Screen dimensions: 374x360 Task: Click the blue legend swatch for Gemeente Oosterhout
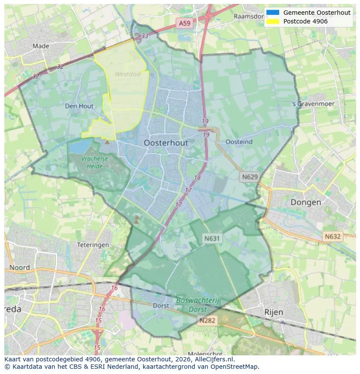[273, 13]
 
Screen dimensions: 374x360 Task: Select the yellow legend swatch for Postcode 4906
[273, 21]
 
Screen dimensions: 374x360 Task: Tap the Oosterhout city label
[166, 143]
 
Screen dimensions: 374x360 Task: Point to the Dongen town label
[306, 202]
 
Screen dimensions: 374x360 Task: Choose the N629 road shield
[250, 177]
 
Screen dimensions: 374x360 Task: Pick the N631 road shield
[212, 238]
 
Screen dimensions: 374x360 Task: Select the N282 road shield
[208, 320]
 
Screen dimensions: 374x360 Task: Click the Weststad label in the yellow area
[128, 74]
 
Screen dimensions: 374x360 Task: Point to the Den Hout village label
[79, 106]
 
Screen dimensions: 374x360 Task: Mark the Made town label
[41, 46]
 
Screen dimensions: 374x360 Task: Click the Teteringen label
[93, 245]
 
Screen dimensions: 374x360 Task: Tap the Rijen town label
[273, 312]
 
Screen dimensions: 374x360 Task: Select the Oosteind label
[239, 142]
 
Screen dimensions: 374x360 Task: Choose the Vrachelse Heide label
[94, 162]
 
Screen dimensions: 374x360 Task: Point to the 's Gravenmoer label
[313, 104]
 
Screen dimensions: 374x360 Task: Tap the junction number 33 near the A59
[145, 36]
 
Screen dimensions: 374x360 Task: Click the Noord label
[20, 268]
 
